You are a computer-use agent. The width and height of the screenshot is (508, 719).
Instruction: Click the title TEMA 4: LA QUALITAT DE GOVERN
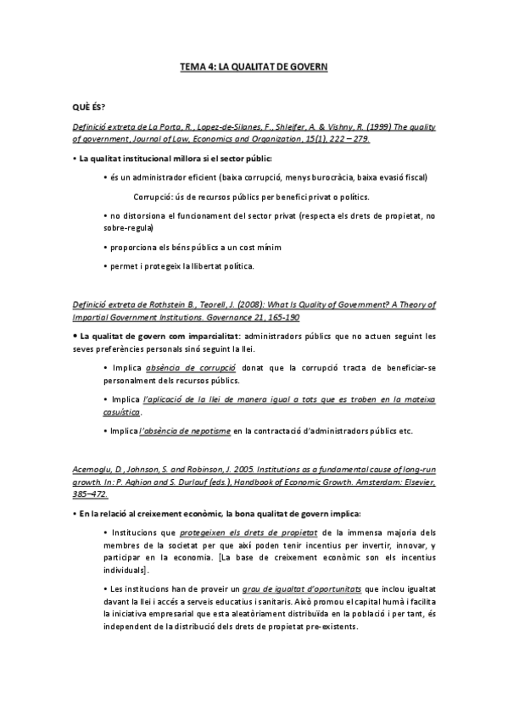point(254,65)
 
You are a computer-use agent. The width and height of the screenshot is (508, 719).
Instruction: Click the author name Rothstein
point(158,304)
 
